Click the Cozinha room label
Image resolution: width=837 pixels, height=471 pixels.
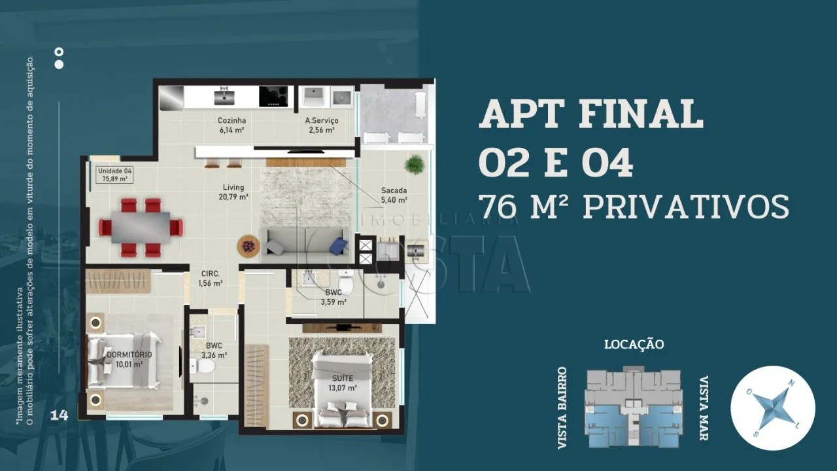231,125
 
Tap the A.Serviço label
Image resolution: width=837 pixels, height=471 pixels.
322,125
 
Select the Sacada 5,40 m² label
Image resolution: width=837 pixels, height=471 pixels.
394,195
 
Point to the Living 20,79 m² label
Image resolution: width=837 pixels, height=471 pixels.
233,192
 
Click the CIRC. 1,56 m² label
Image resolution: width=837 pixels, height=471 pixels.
211,278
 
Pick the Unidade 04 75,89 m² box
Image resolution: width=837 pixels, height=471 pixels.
115,175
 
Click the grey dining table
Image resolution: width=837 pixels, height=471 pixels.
141,227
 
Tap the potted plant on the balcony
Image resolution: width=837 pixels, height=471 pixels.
414,164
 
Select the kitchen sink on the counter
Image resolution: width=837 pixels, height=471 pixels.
224,96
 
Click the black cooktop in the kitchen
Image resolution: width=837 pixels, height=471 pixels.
273,96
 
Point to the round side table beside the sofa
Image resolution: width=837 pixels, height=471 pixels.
248,245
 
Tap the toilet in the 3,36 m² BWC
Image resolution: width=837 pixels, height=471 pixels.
201,366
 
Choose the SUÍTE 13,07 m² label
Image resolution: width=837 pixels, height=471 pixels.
342,383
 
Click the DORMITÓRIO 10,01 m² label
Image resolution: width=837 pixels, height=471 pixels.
129,359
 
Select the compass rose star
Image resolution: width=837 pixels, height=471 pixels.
773,408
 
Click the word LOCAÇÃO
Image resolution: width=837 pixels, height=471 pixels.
634,344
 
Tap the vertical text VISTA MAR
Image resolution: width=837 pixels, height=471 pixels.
704,408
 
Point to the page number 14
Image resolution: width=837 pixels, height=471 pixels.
60,415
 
